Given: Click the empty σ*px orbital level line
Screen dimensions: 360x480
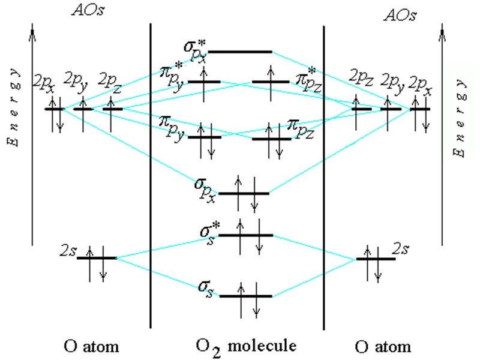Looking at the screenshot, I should [240, 52].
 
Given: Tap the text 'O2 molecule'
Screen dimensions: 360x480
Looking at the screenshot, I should [246, 346].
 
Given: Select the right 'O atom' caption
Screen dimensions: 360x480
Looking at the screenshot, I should [383, 346].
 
